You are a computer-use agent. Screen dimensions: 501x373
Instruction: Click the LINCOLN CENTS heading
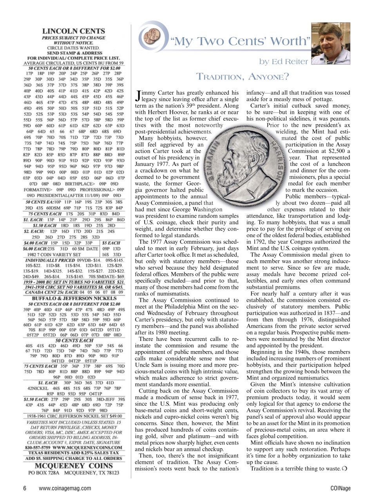pyautogui.click(x=73, y=31)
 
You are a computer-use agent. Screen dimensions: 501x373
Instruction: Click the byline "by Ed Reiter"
pyautogui.click(x=283, y=61)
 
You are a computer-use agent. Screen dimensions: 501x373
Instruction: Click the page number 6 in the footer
pyautogui.click(x=25, y=488)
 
